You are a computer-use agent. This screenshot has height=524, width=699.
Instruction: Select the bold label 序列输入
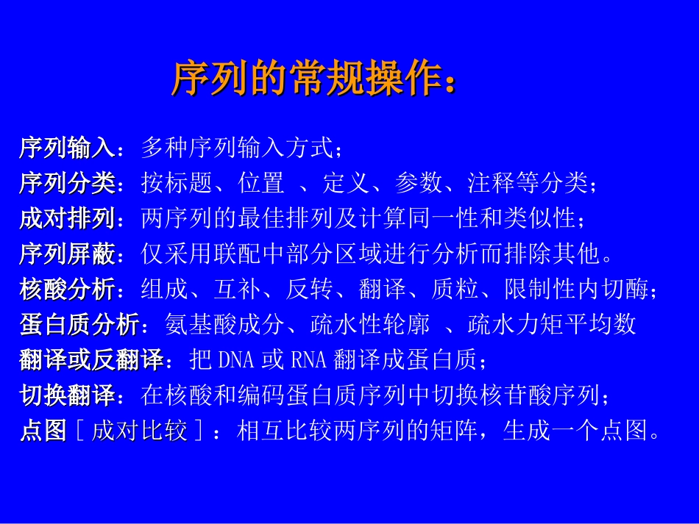pos(67,148)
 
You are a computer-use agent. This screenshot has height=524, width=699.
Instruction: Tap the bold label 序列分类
pos(67,183)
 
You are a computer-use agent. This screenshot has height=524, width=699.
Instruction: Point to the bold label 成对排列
pos(67,218)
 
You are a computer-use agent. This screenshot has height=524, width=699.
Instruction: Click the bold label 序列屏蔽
pos(67,254)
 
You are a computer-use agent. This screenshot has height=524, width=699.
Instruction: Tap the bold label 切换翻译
pos(67,395)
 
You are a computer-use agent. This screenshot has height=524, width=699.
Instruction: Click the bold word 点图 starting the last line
pos(43,431)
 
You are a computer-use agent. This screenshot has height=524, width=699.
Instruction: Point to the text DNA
pos(235,360)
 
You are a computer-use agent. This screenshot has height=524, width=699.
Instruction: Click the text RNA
pos(308,360)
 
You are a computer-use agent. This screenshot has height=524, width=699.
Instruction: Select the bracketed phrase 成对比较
pos(139,431)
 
